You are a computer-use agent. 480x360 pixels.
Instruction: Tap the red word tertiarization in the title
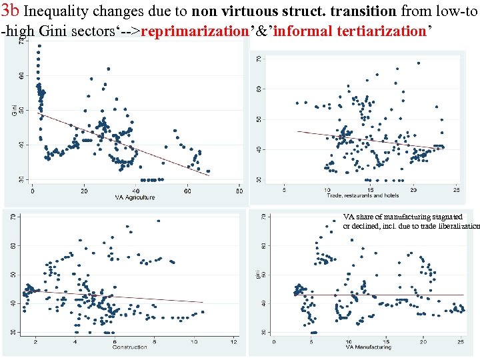pos(387,31)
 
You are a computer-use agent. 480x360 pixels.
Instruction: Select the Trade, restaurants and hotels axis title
pos(363,195)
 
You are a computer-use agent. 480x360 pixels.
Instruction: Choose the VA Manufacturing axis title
pos(368,347)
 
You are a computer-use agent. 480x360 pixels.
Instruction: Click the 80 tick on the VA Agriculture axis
pos(239,191)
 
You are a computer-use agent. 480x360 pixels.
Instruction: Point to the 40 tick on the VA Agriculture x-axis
pos(136,191)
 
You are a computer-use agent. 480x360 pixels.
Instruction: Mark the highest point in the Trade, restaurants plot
pos(418,63)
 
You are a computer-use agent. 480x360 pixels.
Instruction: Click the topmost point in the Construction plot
pos(158,221)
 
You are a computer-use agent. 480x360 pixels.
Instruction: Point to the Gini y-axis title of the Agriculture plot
pos(15,108)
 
